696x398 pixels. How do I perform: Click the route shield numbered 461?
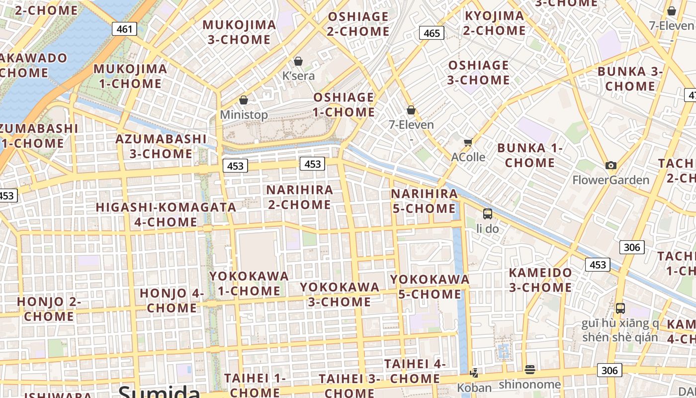click(124, 29)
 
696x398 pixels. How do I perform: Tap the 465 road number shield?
click(432, 33)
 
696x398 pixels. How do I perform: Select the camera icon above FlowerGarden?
click(611, 166)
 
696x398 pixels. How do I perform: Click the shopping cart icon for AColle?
click(468, 143)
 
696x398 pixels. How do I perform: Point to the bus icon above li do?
click(487, 214)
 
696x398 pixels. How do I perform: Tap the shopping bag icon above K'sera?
click(298, 61)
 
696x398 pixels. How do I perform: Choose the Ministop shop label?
click(244, 114)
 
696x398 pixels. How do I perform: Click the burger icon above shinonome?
click(529, 369)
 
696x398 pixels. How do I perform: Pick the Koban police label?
click(474, 388)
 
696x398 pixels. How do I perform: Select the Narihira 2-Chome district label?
click(299, 197)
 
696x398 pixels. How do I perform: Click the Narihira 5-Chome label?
click(424, 201)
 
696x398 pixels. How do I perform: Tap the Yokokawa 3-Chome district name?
click(339, 294)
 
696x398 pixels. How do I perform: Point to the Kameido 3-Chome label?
click(540, 280)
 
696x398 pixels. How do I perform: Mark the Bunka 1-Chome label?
click(530, 155)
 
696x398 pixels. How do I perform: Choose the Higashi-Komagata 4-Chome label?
click(166, 214)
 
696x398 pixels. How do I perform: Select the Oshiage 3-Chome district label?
click(479, 73)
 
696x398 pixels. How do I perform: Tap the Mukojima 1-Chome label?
click(130, 76)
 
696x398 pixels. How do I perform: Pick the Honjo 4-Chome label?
click(172, 300)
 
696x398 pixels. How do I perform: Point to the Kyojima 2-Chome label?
click(494, 23)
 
